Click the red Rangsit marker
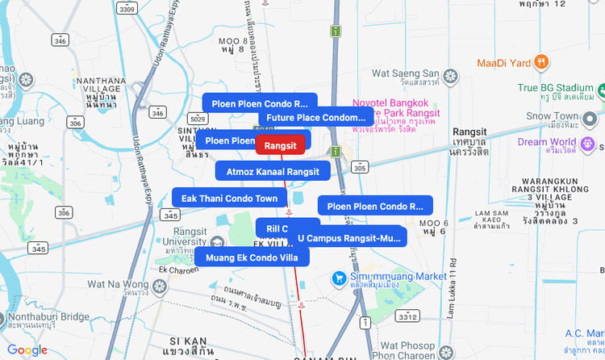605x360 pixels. [x=280, y=145]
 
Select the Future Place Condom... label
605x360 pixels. [x=316, y=118]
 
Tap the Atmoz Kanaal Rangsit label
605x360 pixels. [x=273, y=171]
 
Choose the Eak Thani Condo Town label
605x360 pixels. [x=229, y=199]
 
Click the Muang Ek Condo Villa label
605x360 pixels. [x=252, y=258]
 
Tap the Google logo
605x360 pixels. [x=27, y=350]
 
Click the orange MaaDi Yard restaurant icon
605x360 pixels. [x=542, y=61]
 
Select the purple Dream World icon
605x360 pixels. [x=588, y=143]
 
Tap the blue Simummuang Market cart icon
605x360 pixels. [x=340, y=278]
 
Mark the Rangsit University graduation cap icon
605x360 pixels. [x=217, y=243]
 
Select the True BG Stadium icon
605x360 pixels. [x=597, y=88]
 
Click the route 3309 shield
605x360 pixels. [x=125, y=10]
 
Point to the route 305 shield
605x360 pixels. [x=360, y=168]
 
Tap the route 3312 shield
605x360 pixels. [x=408, y=315]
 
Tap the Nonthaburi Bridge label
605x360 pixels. [x=49, y=317]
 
